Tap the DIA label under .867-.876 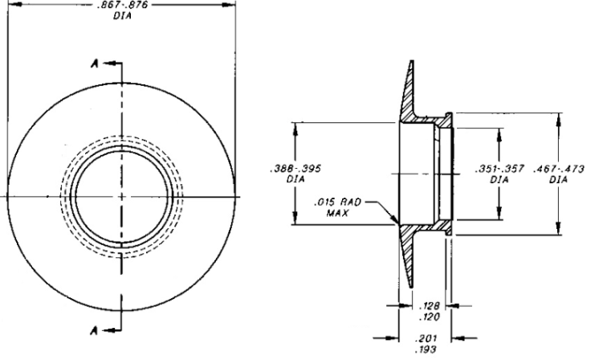[x=123, y=15]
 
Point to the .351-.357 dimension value [x=500, y=170]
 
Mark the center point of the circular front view [x=123, y=196]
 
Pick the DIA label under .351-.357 [x=500, y=180]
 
